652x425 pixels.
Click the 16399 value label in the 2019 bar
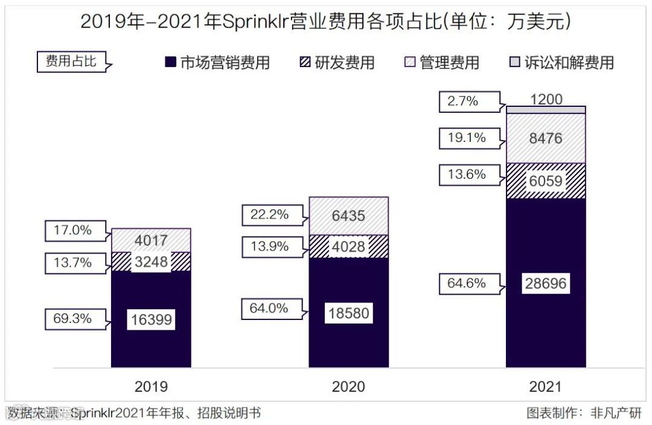(151, 319)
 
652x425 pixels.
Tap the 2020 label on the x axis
(348, 386)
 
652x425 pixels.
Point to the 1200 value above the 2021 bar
(546, 100)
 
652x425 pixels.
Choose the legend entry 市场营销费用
(218, 62)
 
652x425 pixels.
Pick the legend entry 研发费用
(337, 62)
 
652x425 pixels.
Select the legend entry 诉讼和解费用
(562, 62)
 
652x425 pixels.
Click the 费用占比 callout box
(71, 62)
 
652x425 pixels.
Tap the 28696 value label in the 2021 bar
(546, 283)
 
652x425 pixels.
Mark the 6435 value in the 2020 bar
(348, 215)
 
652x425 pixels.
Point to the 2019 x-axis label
(151, 386)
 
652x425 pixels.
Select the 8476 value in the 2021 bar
(546, 138)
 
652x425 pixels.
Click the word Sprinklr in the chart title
(253, 22)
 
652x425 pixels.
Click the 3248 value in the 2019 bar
(151, 262)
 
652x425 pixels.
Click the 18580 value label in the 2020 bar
(348, 313)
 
